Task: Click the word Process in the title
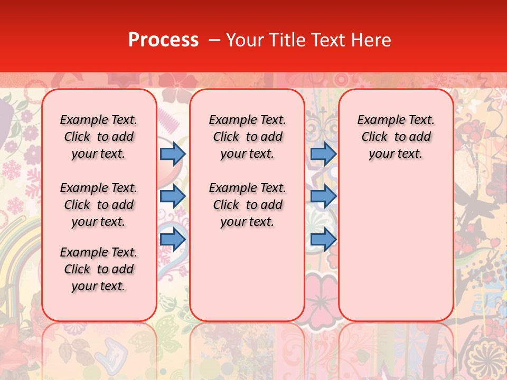(x=163, y=40)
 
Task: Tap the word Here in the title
(x=371, y=40)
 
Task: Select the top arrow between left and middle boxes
(x=173, y=154)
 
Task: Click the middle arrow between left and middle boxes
(x=173, y=196)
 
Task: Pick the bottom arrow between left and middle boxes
(x=173, y=239)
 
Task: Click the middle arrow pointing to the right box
(x=323, y=196)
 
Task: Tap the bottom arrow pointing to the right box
(x=323, y=239)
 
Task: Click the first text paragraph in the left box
(x=98, y=137)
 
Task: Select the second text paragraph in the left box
(x=98, y=205)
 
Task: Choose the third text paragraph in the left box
(x=98, y=269)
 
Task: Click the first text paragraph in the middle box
(x=247, y=137)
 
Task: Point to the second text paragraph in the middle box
(x=247, y=205)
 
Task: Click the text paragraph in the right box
(x=396, y=137)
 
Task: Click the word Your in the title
(x=245, y=40)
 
